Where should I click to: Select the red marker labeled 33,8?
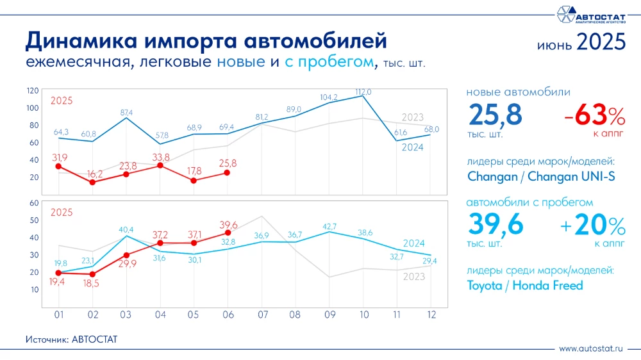[x=160, y=166]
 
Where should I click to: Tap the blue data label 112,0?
[x=363, y=92]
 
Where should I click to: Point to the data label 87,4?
[x=126, y=113]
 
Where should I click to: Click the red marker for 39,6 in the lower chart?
[x=228, y=233]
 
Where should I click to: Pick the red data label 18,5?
[x=92, y=283]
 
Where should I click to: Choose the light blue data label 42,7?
[x=329, y=227]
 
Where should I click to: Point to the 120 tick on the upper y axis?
[x=33, y=90]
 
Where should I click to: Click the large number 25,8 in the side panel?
[x=495, y=117]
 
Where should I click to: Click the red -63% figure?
[x=594, y=116]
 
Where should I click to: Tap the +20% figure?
[x=591, y=225]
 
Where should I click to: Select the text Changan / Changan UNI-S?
[x=541, y=176]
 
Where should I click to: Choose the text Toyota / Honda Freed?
[x=525, y=286]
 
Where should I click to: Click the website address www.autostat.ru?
[x=591, y=348]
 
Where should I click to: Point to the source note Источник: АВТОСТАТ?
[x=72, y=339]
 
